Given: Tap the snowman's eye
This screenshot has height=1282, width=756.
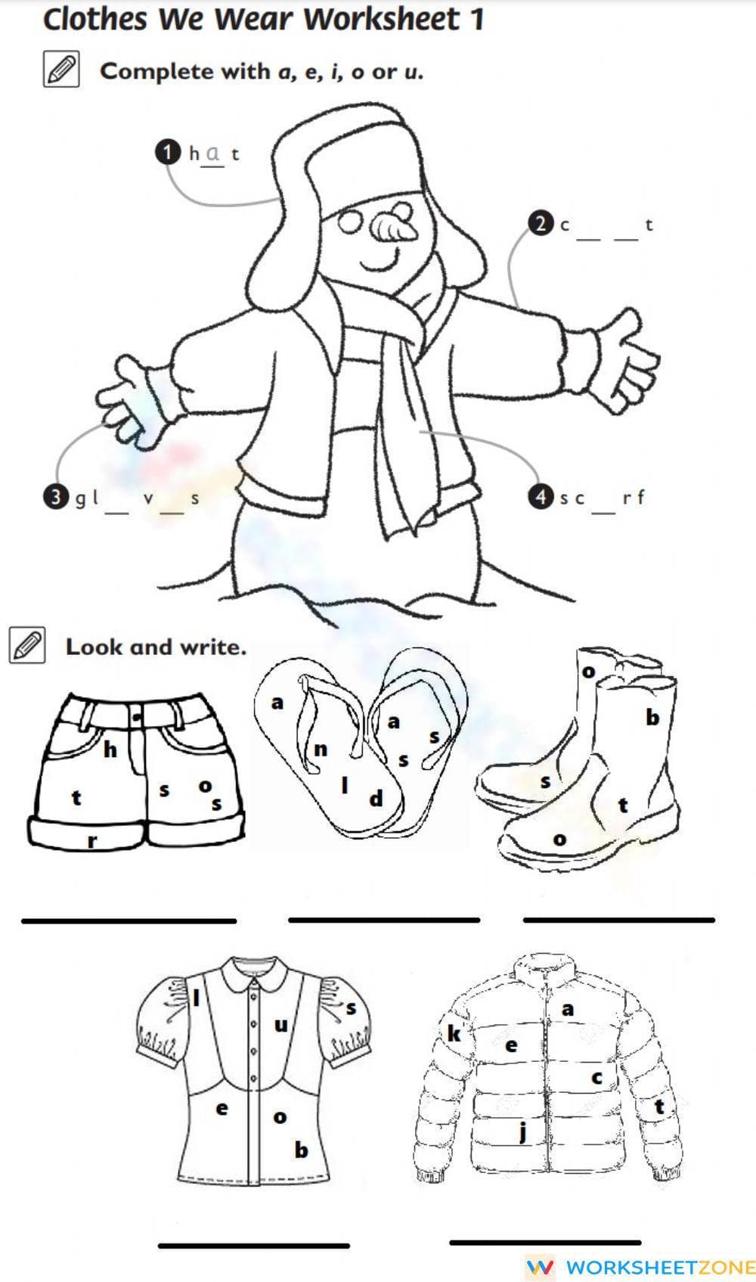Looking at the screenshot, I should (x=352, y=222).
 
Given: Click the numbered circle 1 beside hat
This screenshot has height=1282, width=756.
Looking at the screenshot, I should (x=167, y=152).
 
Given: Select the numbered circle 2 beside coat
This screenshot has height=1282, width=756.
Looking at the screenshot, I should (x=540, y=224).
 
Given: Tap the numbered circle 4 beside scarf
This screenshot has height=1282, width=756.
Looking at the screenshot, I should (x=540, y=497).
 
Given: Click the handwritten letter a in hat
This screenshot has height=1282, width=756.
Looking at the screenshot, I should (x=213, y=152).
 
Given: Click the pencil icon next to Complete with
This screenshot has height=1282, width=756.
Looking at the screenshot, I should (x=61, y=70).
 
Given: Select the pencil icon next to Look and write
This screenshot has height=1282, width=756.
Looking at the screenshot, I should (x=27, y=646).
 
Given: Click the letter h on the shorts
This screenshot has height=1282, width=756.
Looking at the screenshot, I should (x=110, y=750).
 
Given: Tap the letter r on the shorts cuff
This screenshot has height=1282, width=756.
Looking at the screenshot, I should (x=92, y=840).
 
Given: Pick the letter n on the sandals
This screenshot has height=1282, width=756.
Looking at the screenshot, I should (x=321, y=750).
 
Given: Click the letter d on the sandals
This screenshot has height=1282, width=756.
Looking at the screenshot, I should (x=376, y=799).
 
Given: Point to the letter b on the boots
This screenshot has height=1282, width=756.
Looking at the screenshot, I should (x=652, y=717).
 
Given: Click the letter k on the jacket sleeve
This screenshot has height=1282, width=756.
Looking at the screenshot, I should (x=454, y=1033).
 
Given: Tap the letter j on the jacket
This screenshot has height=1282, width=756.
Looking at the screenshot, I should (x=522, y=1132).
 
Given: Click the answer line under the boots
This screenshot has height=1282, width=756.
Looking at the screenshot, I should (x=618, y=920).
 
